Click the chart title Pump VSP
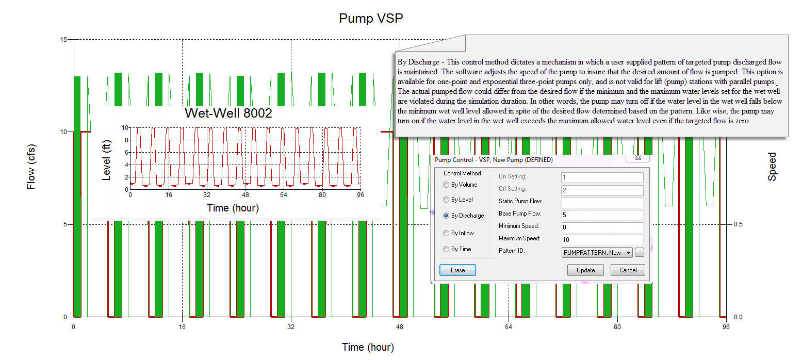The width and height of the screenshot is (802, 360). click(370, 19)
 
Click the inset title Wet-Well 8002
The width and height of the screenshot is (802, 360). click(228, 113)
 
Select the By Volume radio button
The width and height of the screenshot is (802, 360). click(446, 185)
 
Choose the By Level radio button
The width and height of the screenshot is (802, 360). click(446, 200)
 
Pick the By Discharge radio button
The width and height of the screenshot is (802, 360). click(446, 216)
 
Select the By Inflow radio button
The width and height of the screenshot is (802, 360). click(446, 233)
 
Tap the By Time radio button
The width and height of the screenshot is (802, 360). click(446, 249)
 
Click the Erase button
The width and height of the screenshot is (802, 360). click(457, 270)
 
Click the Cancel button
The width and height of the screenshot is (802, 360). click(628, 270)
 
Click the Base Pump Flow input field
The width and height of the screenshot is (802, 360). click(602, 215)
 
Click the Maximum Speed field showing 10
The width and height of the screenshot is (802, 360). click(602, 239)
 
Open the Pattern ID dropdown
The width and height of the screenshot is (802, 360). click(597, 252)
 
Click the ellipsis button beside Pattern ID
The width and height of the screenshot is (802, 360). click(640, 252)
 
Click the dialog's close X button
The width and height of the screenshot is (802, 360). click(638, 157)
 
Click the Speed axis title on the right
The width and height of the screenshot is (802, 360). click(772, 167)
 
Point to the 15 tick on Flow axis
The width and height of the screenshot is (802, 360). click(64, 40)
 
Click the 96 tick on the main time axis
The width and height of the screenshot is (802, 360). click(726, 326)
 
